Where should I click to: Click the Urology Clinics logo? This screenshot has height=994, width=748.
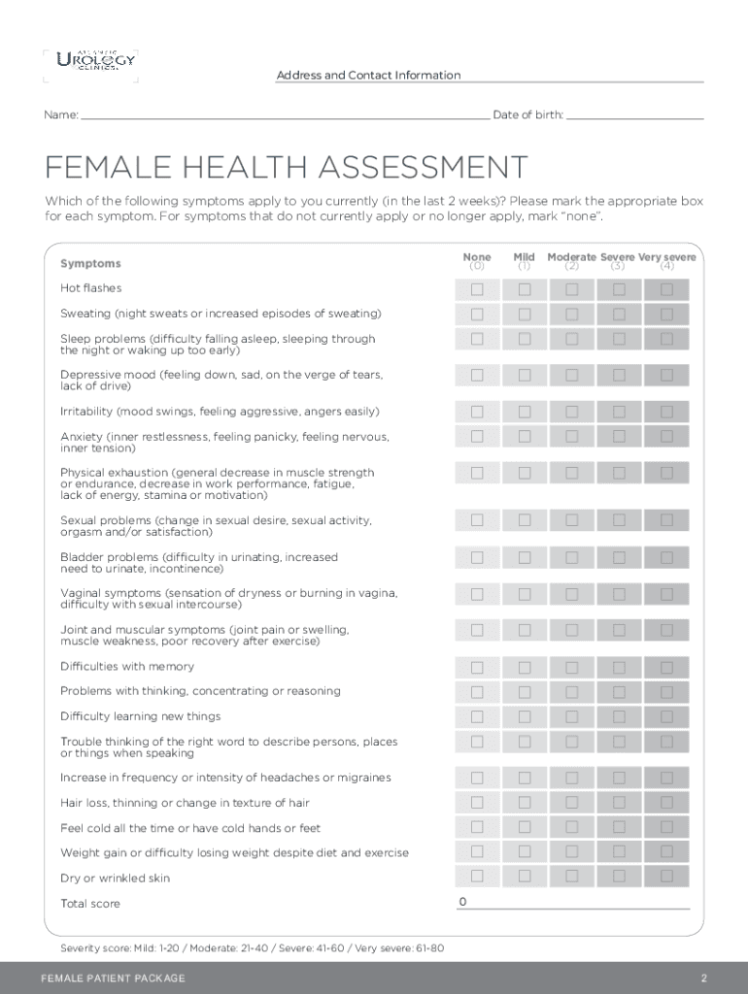(x=96, y=62)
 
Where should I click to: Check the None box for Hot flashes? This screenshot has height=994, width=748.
(x=477, y=289)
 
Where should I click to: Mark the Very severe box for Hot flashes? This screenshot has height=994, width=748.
(x=666, y=289)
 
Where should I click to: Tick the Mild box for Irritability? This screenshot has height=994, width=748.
(x=525, y=412)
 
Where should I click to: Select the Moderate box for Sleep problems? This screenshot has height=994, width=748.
(x=572, y=339)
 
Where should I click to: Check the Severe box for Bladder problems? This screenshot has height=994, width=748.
(x=619, y=557)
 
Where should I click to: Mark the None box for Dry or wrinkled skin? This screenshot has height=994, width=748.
(x=477, y=877)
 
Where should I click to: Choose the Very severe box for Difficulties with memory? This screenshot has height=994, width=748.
(x=666, y=667)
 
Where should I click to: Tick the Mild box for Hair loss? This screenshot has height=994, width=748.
(x=525, y=803)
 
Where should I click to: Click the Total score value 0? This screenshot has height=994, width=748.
(x=463, y=903)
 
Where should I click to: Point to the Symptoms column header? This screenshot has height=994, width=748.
(x=90, y=263)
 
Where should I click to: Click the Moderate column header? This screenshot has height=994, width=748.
(x=571, y=257)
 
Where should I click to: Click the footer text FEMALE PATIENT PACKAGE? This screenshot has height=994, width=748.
(x=113, y=977)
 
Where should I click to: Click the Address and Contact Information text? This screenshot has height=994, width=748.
(x=368, y=76)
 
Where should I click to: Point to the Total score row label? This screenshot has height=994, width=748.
(x=90, y=904)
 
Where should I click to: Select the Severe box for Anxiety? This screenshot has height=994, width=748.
(x=619, y=437)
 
